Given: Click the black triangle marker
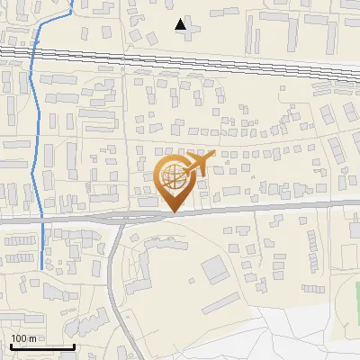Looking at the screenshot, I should point(182,25).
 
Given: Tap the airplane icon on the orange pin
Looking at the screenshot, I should point(201,165).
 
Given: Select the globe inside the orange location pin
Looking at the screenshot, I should point(173,176).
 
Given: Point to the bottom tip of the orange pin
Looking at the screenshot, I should point(173,212).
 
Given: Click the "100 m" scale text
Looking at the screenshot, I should point(22,337).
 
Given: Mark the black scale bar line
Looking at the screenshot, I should point(41,346).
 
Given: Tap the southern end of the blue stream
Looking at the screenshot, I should point(43,267).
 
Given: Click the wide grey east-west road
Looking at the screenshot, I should point(270,208).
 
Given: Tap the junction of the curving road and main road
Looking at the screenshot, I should point(122,219).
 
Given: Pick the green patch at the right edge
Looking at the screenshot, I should point(356,301).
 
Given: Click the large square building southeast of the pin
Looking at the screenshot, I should point(216,269).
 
